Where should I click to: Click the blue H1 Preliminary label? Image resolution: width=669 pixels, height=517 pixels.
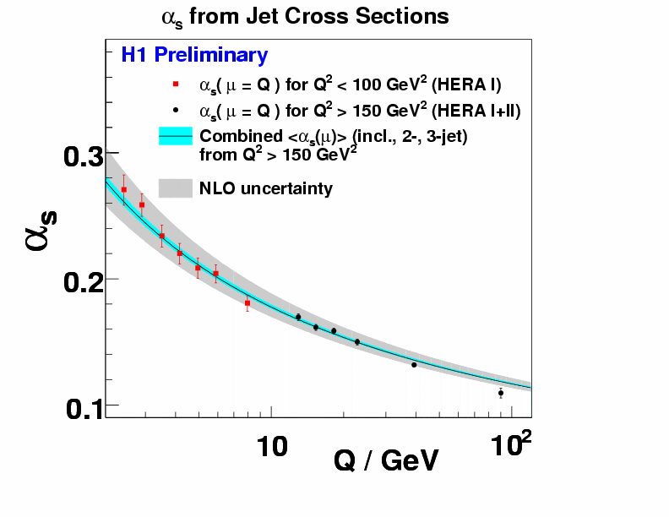click(x=194, y=56)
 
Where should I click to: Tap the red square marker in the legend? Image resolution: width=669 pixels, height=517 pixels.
click(x=176, y=84)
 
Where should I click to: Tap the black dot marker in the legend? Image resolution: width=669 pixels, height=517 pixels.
click(x=176, y=110)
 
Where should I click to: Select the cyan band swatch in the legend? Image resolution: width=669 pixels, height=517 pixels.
click(x=176, y=136)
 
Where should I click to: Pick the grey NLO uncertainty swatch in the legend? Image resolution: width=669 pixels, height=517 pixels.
click(x=176, y=188)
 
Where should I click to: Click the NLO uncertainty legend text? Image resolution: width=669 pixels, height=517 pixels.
click(x=265, y=188)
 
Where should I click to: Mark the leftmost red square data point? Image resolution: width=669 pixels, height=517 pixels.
click(x=124, y=189)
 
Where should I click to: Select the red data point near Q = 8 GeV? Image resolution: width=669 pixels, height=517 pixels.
click(x=247, y=302)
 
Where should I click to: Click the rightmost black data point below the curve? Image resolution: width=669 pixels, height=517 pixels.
click(x=501, y=393)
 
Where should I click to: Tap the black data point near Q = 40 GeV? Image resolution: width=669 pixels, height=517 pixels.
click(x=414, y=364)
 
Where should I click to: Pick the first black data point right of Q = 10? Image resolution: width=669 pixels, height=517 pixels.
click(x=298, y=317)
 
